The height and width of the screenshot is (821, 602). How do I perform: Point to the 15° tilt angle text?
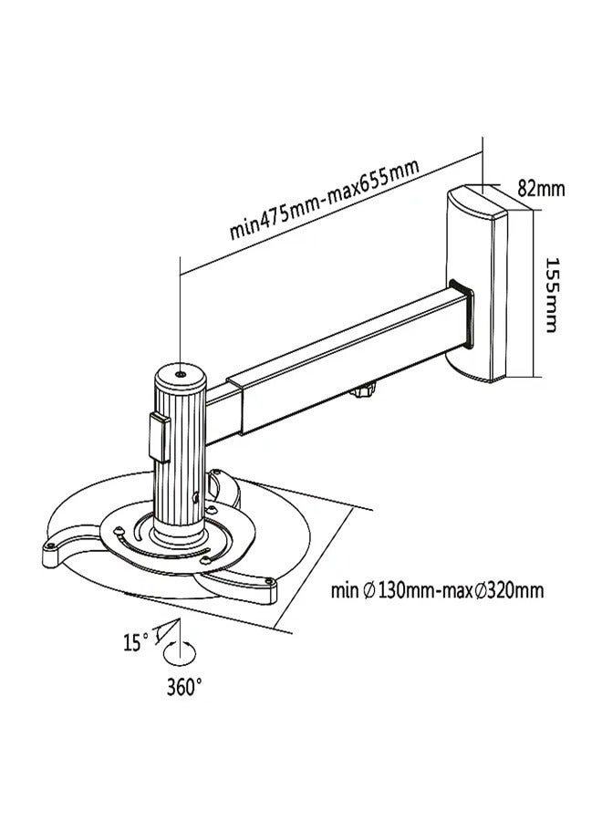[x=134, y=642]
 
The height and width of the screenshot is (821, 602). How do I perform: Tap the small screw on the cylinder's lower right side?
[x=199, y=497]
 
